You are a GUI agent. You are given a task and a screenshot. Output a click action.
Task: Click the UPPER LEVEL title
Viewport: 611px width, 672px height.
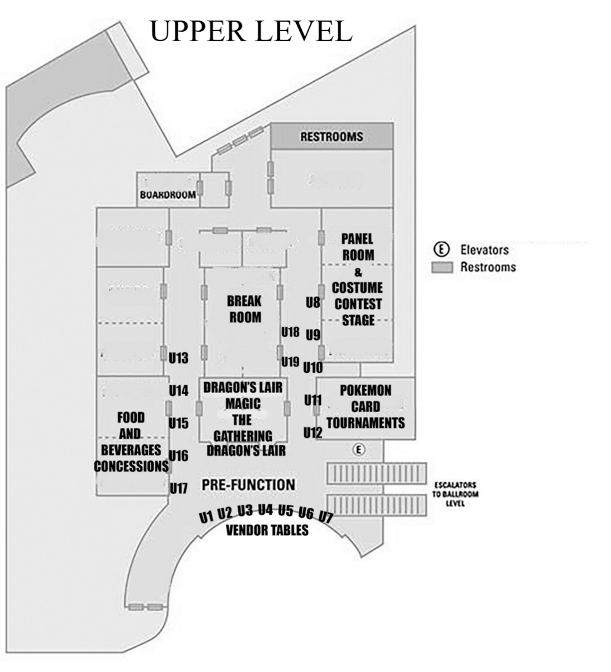click(x=251, y=31)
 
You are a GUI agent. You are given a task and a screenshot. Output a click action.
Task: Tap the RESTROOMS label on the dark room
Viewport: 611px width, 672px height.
click(x=332, y=137)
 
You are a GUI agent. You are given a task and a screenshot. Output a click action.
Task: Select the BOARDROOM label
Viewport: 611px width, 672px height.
click(x=167, y=194)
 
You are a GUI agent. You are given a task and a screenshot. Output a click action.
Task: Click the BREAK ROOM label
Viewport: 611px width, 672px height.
click(x=244, y=309)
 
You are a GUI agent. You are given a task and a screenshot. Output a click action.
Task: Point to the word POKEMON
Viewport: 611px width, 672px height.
click(x=365, y=390)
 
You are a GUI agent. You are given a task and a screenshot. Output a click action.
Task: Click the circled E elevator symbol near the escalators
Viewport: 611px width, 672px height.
click(x=358, y=449)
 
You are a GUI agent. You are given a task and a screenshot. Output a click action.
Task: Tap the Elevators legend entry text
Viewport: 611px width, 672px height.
click(x=484, y=250)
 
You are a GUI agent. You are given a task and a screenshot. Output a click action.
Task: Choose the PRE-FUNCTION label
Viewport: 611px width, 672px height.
click(x=248, y=485)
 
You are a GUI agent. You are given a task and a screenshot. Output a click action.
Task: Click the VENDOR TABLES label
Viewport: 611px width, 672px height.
click(x=267, y=531)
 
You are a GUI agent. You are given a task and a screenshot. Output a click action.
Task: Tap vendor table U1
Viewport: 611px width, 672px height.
click(x=206, y=516)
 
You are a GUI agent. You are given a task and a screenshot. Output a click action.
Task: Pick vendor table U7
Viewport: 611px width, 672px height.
click(x=326, y=516)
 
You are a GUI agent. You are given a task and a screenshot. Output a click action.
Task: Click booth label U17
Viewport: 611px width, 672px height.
click(x=179, y=488)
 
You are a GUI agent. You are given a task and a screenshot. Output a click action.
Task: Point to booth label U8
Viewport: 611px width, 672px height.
click(x=313, y=304)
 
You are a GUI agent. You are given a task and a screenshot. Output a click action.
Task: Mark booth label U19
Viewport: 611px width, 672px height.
click(x=290, y=361)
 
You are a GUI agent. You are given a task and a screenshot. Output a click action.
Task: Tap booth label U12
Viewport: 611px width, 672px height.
click(x=312, y=432)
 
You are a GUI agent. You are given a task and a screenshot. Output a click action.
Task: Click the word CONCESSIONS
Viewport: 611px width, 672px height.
click(x=131, y=466)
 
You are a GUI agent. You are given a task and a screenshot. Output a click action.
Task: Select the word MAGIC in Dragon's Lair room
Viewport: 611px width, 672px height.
click(x=242, y=403)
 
